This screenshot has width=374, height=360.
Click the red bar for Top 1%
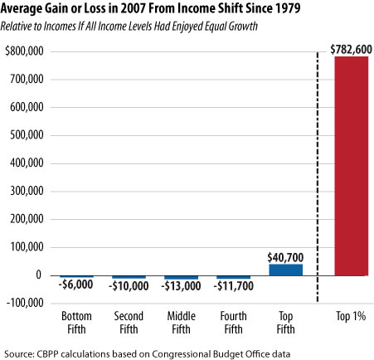pyautogui.click(x=351, y=165)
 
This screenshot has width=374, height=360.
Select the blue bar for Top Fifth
pyautogui.click(x=285, y=270)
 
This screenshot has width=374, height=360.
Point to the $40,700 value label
pyautogui.click(x=285, y=255)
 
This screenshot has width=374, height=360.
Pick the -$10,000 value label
pyautogui.click(x=129, y=286)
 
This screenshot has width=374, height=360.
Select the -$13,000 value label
pyautogui.click(x=181, y=286)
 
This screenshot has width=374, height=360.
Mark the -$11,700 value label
pyautogui.click(x=233, y=286)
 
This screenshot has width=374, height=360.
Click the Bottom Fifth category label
pyautogui.click(x=76, y=322)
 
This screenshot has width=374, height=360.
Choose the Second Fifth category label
pyautogui.click(x=129, y=322)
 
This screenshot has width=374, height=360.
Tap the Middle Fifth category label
pyautogui.click(x=181, y=322)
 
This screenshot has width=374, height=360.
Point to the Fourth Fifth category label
pyautogui.click(x=233, y=322)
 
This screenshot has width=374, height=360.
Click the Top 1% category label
pyautogui.click(x=351, y=317)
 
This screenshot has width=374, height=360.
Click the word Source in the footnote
pyautogui.click(x=20, y=350)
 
